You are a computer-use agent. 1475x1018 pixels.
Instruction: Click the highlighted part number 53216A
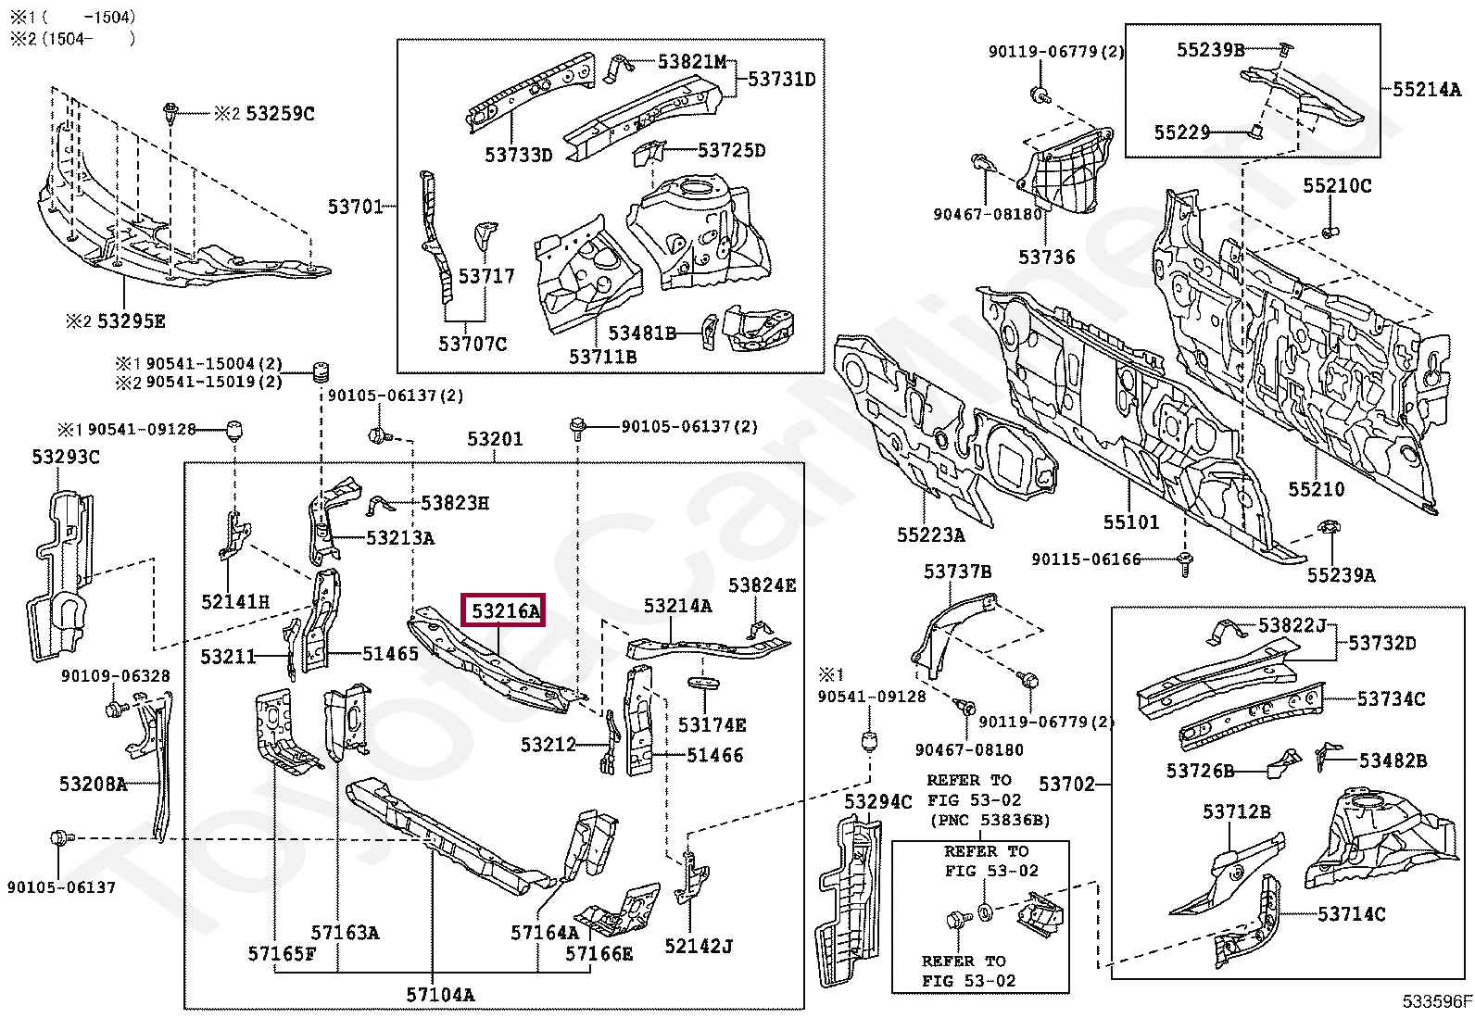coord(505,611)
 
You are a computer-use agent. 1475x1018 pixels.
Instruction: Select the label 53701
coord(355,207)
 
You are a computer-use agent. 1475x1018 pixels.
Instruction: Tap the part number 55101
coord(1130,522)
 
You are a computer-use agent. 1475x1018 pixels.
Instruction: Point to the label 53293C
coord(66,457)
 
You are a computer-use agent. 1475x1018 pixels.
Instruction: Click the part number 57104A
coord(440,994)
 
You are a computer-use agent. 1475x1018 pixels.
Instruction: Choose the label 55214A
coord(1426,89)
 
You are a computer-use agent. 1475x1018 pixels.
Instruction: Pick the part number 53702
coord(1066,785)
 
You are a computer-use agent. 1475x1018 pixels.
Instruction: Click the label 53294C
coord(877,801)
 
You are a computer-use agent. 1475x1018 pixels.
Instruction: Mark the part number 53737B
coord(957,572)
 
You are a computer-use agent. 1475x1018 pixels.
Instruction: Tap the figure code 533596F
coord(1437,1001)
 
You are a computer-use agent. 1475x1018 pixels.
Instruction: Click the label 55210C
coord(1337,185)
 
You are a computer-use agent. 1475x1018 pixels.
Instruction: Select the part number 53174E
coord(712,725)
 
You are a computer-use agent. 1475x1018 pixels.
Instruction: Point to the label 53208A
coord(93,784)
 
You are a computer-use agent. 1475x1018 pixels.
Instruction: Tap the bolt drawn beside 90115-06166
coord(1185,564)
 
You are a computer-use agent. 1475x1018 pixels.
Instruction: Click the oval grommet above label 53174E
coord(703,683)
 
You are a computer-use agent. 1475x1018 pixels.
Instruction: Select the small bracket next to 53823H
coord(380,506)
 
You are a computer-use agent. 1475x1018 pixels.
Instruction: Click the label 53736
coord(1046,257)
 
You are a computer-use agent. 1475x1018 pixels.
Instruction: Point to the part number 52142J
coord(698,947)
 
